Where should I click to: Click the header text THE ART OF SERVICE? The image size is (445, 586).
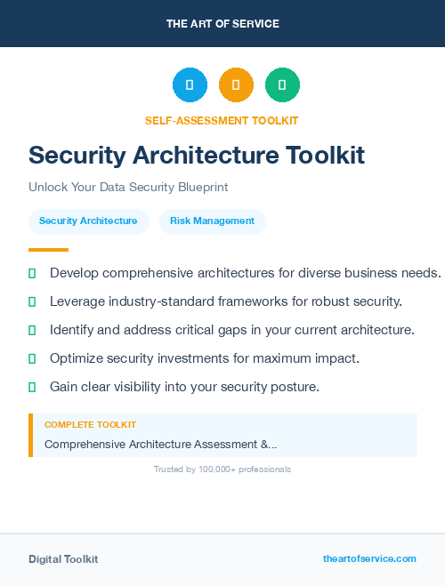tap(222, 23)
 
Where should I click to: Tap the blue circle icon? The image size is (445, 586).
tap(190, 85)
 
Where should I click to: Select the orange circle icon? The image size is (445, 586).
tap(236, 85)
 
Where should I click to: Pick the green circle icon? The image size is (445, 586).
tap(282, 85)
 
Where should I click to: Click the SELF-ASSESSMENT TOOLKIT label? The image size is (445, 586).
tap(222, 120)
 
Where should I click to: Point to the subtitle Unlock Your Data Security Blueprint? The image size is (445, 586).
tap(128, 188)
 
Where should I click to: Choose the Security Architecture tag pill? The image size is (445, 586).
tap(88, 221)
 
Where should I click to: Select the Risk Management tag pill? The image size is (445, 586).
tap(212, 221)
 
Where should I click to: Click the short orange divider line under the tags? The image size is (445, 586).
tap(48, 250)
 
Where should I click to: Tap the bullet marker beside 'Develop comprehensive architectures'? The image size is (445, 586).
tap(32, 273)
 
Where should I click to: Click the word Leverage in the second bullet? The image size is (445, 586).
tap(77, 301)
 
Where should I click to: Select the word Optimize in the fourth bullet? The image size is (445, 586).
tap(78, 358)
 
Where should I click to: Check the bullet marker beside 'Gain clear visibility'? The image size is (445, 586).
tap(32, 387)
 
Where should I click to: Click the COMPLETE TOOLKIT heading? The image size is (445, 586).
tap(90, 425)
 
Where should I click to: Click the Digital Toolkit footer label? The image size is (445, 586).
tap(63, 559)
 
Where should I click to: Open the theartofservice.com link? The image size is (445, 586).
tap(369, 558)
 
